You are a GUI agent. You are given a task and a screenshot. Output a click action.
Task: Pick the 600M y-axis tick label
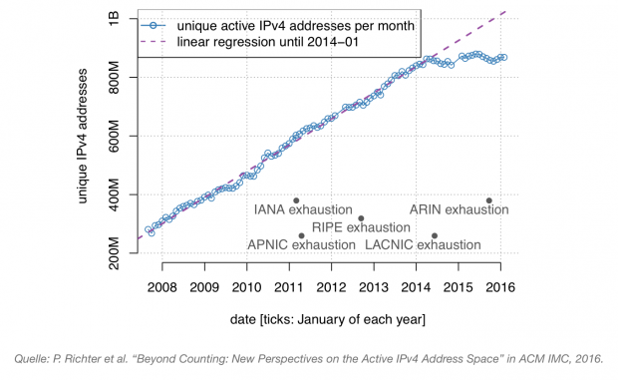117,136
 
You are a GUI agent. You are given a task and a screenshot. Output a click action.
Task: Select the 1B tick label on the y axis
117,20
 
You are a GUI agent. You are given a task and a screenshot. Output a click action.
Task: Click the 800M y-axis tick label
117,78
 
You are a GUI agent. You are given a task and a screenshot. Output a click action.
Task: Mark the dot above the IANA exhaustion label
296,199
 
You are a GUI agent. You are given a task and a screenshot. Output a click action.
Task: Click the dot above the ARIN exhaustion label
488,199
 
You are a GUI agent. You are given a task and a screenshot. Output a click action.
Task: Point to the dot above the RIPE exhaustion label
361,217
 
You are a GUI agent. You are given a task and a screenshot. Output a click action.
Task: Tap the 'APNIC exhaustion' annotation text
300,244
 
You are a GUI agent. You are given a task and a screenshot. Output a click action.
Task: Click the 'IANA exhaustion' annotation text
304,210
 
